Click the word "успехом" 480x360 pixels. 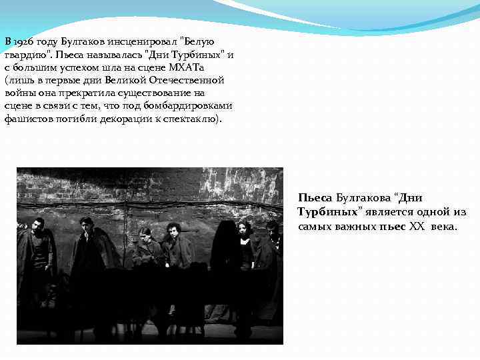72,67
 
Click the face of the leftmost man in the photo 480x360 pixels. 39,224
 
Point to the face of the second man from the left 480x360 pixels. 85,224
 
